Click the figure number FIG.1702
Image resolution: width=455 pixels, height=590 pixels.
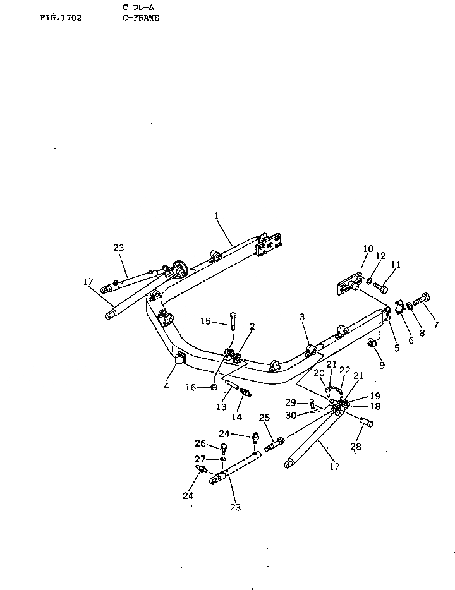[60, 18]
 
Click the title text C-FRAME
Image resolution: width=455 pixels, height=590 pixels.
[141, 18]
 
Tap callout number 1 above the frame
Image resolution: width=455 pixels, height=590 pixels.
[216, 216]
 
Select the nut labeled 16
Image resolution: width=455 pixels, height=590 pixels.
[214, 387]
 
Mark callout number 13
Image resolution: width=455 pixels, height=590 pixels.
[221, 407]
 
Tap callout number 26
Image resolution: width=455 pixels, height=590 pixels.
[200, 443]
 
